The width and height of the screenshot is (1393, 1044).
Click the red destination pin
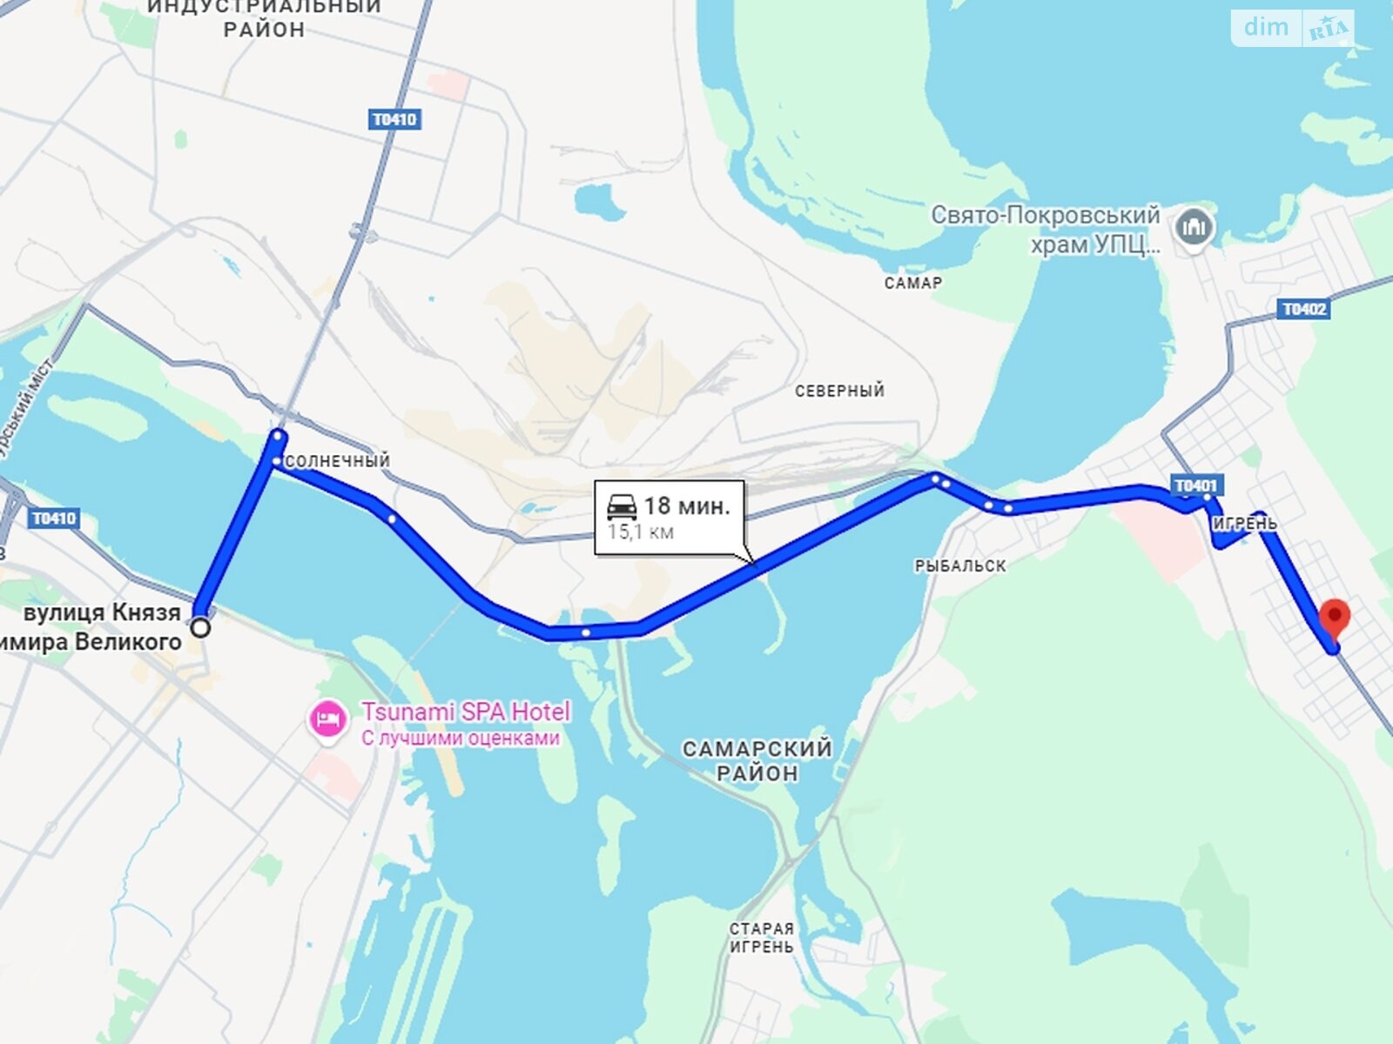pyautogui.click(x=1335, y=617)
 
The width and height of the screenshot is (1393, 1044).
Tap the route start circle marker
pyautogui.click(x=201, y=627)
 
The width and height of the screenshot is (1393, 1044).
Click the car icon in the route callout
pyautogui.click(x=622, y=506)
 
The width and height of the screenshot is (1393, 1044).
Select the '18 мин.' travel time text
pyautogui.click(x=687, y=505)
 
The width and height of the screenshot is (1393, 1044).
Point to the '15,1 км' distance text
pyautogui.click(x=641, y=532)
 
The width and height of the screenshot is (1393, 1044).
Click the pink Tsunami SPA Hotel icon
pyautogui.click(x=327, y=720)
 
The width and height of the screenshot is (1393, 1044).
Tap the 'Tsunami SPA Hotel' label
pyautogui.click(x=466, y=712)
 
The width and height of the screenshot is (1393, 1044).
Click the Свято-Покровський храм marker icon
pyautogui.click(x=1193, y=229)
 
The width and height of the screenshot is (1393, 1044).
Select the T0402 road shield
pyautogui.click(x=1304, y=309)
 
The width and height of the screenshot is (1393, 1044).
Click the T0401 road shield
pyautogui.click(x=1195, y=485)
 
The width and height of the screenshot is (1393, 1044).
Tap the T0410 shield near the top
pyautogui.click(x=395, y=119)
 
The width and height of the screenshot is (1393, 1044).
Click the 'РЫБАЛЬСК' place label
pyautogui.click(x=959, y=566)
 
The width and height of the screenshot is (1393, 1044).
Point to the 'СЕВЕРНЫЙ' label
pyautogui.click(x=839, y=391)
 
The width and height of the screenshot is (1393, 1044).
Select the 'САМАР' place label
pyautogui.click(x=912, y=283)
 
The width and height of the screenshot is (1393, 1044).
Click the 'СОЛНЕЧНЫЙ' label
pyautogui.click(x=337, y=461)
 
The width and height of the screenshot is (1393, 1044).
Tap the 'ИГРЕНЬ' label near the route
pyautogui.click(x=1245, y=524)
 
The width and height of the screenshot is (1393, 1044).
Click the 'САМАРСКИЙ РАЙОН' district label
pyautogui.click(x=757, y=760)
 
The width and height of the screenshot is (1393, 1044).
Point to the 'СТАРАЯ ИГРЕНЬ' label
pyautogui.click(x=761, y=938)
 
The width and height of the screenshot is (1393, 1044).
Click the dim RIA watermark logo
pyautogui.click(x=1292, y=28)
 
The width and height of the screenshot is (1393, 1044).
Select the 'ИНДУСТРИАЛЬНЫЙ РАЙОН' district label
pyautogui.click(x=264, y=18)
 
